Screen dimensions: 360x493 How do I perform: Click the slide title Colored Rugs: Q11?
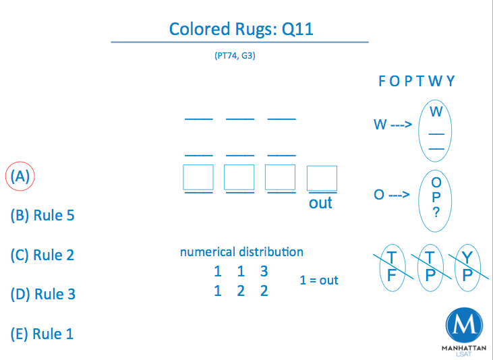click(241, 29)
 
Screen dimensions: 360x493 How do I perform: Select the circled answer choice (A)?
click(20, 177)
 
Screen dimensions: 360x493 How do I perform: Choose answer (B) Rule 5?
click(42, 216)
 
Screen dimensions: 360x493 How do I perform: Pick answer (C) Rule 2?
click(42, 255)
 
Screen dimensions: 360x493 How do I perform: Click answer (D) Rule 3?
click(42, 294)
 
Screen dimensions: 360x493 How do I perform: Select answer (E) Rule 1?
click(42, 334)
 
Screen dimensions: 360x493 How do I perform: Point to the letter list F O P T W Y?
click(416, 82)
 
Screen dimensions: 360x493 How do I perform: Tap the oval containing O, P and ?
click(436, 197)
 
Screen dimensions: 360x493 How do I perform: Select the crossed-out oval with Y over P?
click(467, 268)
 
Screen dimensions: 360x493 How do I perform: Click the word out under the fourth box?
click(320, 203)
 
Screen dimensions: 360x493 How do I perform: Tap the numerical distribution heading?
click(241, 252)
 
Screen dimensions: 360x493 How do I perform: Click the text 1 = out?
click(319, 280)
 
